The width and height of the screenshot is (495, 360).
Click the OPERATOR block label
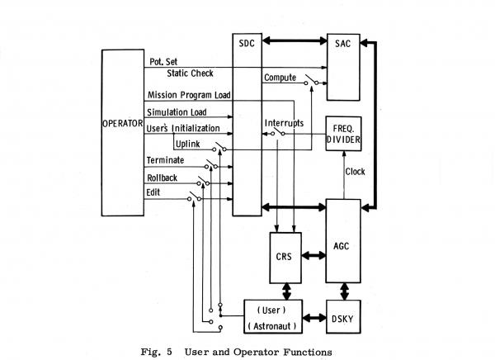click(x=122, y=124)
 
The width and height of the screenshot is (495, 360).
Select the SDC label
click(x=247, y=42)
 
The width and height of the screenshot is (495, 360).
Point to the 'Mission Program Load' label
click(x=189, y=94)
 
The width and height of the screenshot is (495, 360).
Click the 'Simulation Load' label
click(x=177, y=111)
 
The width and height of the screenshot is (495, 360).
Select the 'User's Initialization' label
click(x=183, y=128)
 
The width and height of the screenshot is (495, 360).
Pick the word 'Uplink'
click(x=188, y=144)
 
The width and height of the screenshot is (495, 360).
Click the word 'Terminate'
click(x=165, y=160)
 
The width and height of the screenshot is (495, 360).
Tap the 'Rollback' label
click(x=163, y=176)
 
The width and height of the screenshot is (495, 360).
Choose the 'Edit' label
click(x=154, y=192)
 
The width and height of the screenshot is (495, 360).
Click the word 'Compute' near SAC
click(x=280, y=78)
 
